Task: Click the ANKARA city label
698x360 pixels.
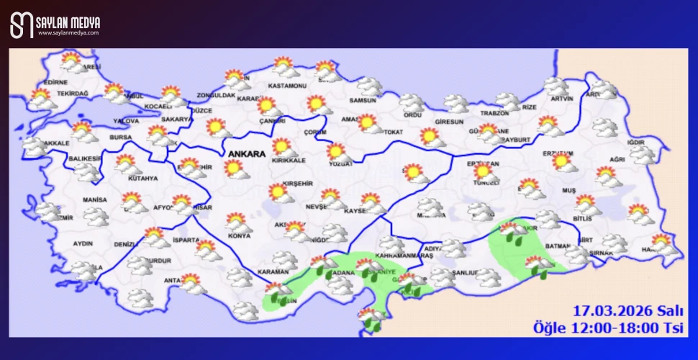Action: (247, 153)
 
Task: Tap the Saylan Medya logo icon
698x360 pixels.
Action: (22, 25)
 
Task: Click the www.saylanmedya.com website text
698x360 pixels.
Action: (68, 32)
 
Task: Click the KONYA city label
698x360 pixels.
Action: (238, 235)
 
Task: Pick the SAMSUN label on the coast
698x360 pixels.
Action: (363, 100)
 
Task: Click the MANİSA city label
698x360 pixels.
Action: (95, 199)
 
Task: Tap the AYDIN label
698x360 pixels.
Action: (83, 243)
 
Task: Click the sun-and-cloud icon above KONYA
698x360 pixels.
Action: (238, 220)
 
